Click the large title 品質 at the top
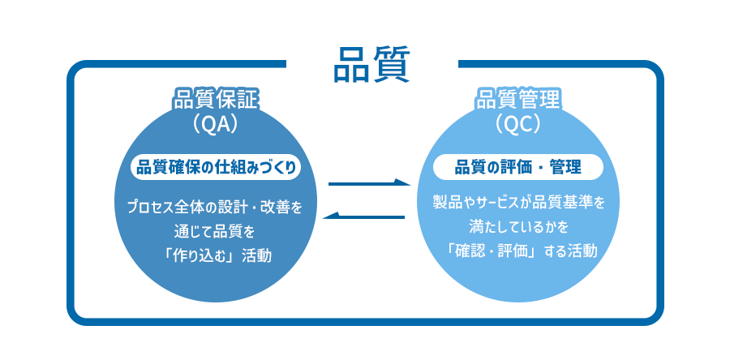(x=371, y=64)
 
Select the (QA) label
(x=215, y=124)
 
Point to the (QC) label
(x=517, y=124)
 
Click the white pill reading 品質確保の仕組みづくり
(x=216, y=167)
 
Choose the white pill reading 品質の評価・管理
(x=517, y=167)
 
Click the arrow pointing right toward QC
(x=370, y=182)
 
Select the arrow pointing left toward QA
(x=363, y=216)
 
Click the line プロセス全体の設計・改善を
(x=215, y=207)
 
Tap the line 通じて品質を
(x=215, y=231)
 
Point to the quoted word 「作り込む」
(x=195, y=256)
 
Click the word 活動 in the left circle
(x=256, y=256)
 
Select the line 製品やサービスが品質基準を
(x=518, y=204)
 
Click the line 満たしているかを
(x=517, y=228)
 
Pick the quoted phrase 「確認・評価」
(x=493, y=251)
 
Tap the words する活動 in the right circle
(x=572, y=251)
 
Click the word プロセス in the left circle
(x=150, y=207)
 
